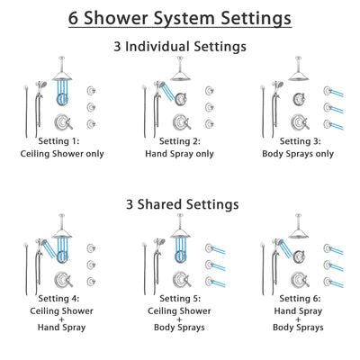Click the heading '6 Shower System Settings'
click(180, 17)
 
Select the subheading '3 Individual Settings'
click(180, 47)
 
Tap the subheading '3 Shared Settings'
click(180, 204)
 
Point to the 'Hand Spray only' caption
click(180, 154)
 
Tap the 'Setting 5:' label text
click(180, 301)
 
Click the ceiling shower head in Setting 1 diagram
click(62, 75)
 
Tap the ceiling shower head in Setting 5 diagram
click(179, 233)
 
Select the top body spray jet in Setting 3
click(327, 90)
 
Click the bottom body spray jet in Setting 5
click(210, 280)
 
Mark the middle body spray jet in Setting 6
click(327, 265)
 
